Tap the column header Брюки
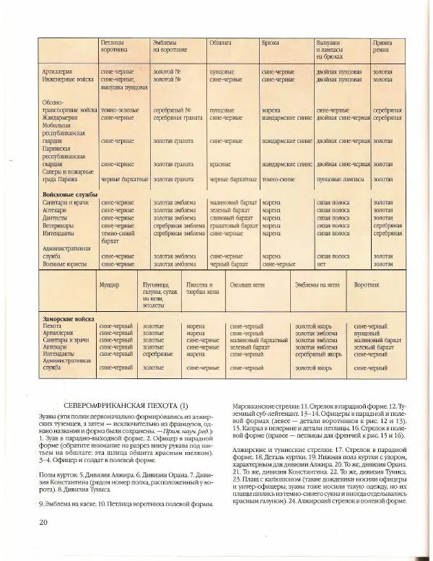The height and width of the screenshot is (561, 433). (x=271, y=43)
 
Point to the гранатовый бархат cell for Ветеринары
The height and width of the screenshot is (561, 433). (x=234, y=226)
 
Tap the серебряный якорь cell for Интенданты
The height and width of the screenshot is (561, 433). (x=314, y=354)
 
